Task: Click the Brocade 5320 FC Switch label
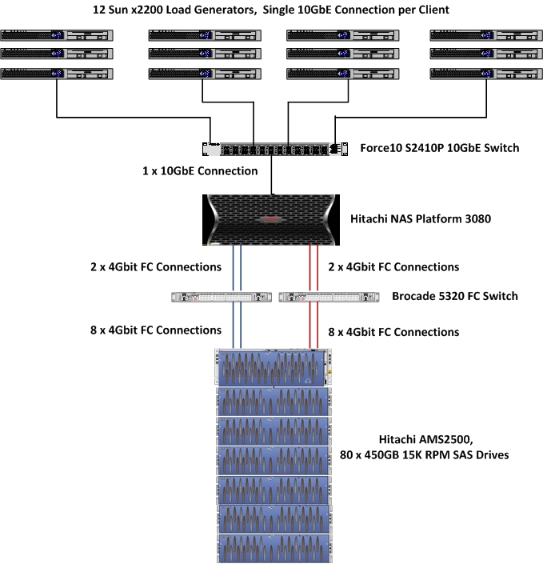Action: point(454,296)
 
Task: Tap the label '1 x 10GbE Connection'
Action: point(199,171)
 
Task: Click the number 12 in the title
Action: point(100,10)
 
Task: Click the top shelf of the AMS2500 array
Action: point(273,368)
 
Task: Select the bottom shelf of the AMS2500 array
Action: point(273,549)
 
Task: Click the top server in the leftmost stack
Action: point(57,35)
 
